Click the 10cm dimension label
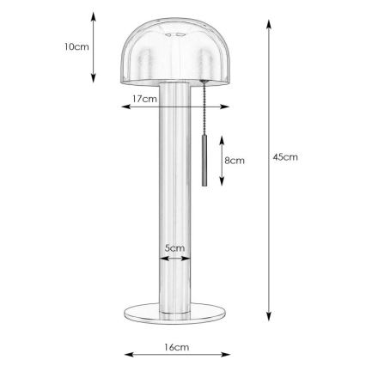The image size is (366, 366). [76, 46]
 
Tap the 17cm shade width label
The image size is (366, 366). [144, 99]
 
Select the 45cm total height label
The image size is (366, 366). [284, 158]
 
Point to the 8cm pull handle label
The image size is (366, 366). [235, 161]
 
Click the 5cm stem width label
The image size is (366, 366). [175, 248]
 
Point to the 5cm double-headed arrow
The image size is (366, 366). [175, 257]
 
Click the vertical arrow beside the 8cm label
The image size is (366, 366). [222, 161]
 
